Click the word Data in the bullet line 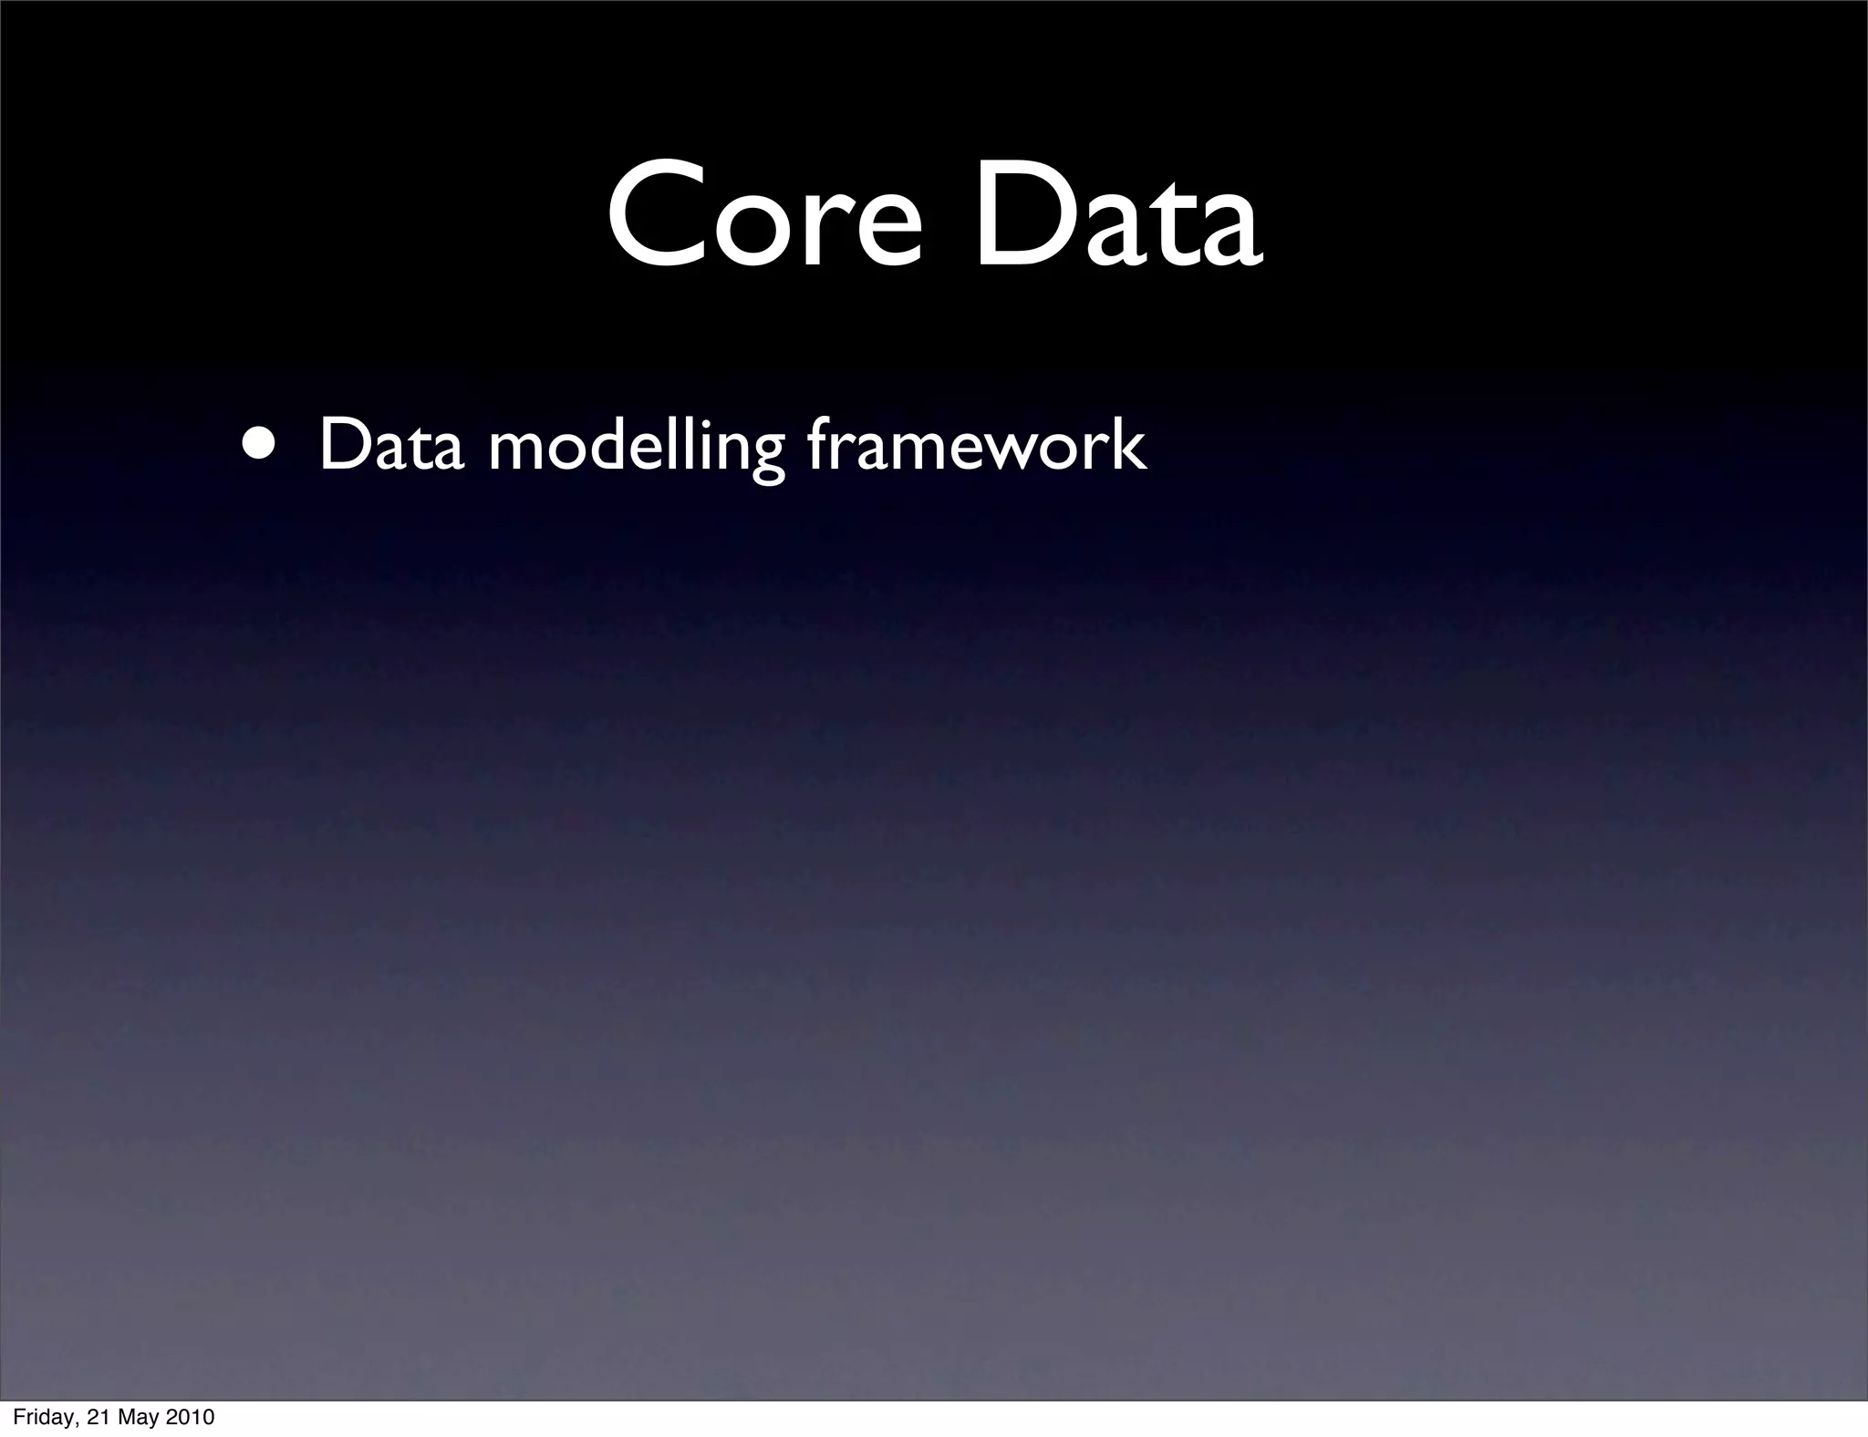coord(391,446)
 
